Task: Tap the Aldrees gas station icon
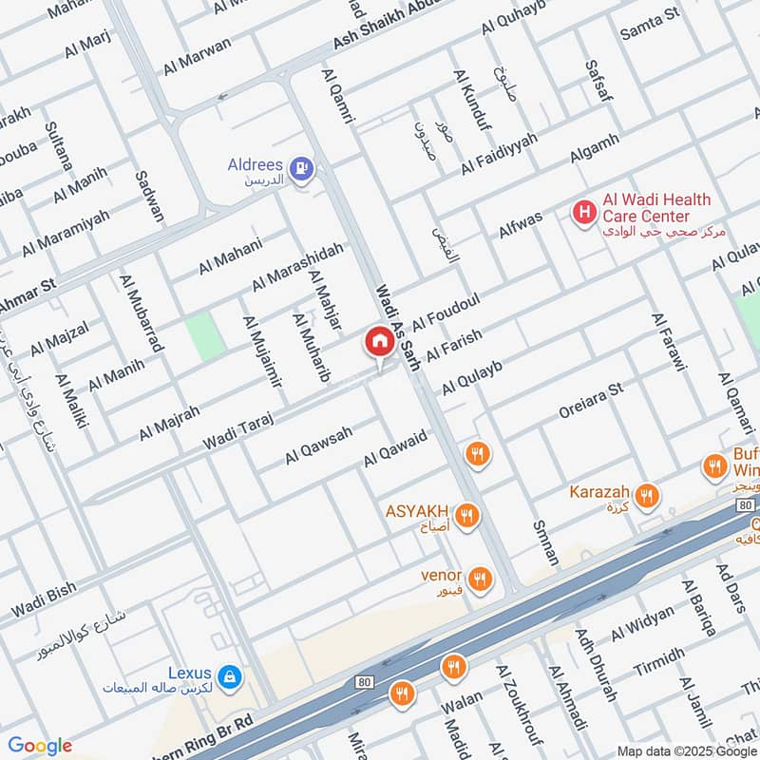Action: pos(303,170)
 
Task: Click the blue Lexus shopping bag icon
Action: pos(229,677)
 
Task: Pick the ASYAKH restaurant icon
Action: pos(465,516)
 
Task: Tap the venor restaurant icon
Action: pos(481,578)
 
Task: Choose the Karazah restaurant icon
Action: pos(647,495)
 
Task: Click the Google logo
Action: pos(40,746)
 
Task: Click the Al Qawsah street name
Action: pos(318,446)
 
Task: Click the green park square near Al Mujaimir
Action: pos(200,335)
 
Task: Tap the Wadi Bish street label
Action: pos(43,597)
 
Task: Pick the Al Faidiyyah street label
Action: pos(499,154)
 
